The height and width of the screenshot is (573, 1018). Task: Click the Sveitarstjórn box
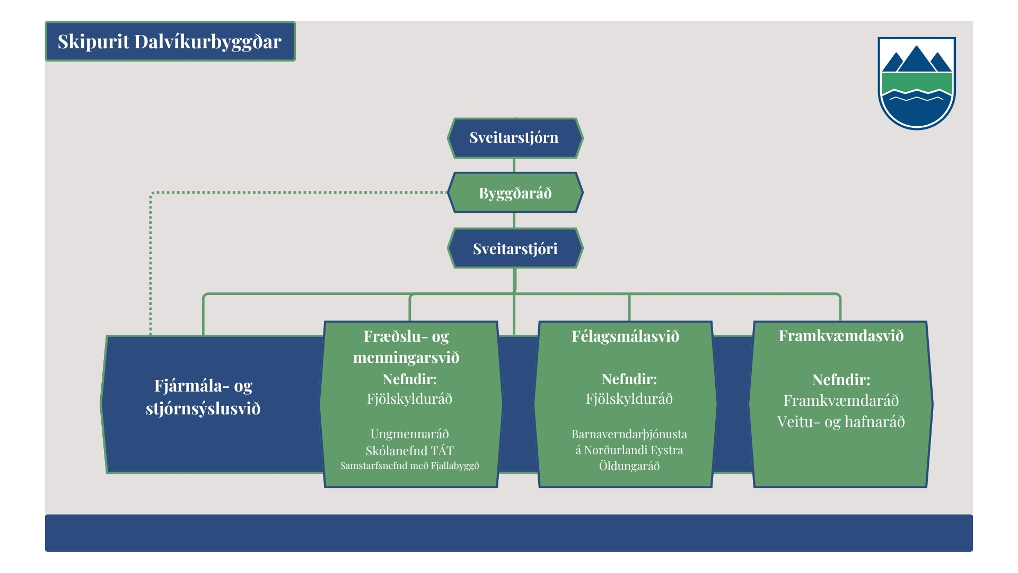point(515,138)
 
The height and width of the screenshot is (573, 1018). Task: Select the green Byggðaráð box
point(515,193)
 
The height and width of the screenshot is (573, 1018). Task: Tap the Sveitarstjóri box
point(515,248)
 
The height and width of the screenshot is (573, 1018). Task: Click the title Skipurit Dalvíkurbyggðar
point(170,41)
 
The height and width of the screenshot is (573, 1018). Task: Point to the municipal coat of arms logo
point(917,83)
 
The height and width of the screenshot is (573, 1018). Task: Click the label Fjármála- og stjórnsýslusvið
point(203,397)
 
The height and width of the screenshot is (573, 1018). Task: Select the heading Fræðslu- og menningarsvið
point(406,346)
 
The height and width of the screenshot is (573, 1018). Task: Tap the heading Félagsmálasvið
point(625,336)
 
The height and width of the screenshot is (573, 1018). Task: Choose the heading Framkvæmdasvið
point(841,336)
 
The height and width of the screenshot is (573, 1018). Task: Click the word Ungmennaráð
point(409,434)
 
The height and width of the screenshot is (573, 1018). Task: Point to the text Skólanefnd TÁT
point(409,451)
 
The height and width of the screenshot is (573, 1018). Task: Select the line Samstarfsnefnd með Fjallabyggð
point(409,466)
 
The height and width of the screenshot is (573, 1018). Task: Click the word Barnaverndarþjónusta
point(629,435)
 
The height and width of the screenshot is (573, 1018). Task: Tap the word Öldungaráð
point(629,466)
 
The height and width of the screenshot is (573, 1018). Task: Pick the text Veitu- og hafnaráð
point(841,422)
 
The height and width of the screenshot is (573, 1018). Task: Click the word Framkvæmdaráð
point(841,401)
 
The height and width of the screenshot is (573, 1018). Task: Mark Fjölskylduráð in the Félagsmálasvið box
point(629,399)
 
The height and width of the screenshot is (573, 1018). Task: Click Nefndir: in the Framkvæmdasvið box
point(841,380)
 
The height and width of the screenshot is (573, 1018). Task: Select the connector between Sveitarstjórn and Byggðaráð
point(514,166)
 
